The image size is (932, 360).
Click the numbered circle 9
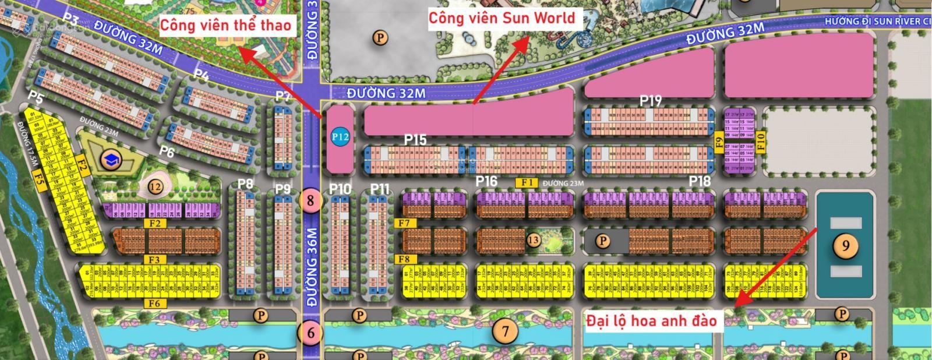tap(845, 246)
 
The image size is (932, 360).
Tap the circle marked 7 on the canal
tap(505, 331)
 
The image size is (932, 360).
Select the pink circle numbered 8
tap(310, 201)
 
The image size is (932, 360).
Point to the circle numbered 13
tap(533, 239)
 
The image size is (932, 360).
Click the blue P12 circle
tap(340, 137)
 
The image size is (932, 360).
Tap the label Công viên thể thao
tap(225, 24)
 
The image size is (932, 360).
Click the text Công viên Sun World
tap(502, 18)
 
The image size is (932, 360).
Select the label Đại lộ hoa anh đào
tap(651, 320)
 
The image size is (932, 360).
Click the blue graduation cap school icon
tap(110, 160)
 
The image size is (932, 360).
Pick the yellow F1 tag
tap(528, 182)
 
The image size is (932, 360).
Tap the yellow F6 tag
tap(154, 303)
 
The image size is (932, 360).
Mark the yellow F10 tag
tap(759, 142)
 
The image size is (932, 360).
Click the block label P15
tap(415, 140)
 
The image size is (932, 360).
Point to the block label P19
tap(651, 100)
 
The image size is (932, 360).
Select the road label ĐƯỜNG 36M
tap(311, 267)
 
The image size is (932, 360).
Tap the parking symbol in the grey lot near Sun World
tap(380, 38)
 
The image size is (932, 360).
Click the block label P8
tap(246, 184)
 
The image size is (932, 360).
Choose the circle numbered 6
tap(311, 333)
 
